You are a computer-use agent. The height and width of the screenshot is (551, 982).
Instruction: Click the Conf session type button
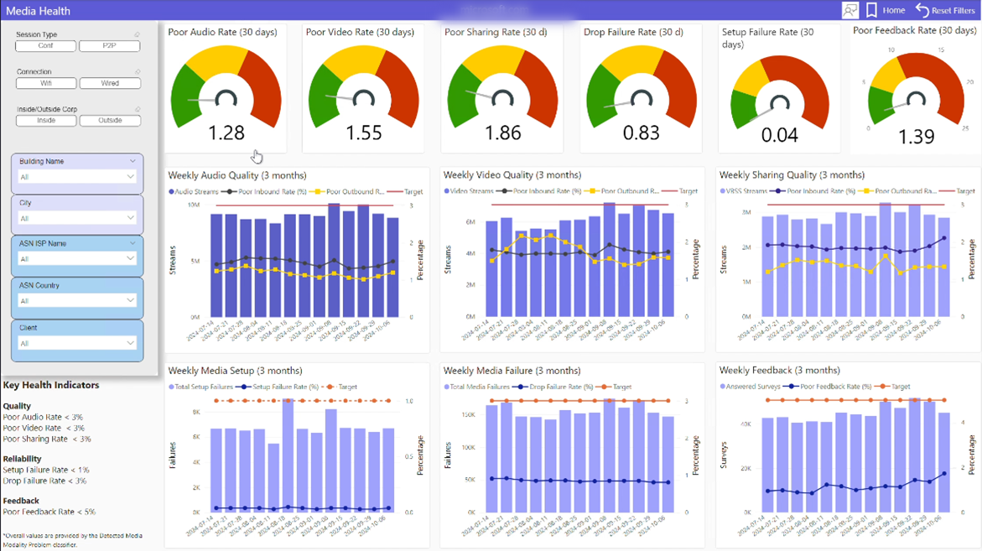pyautogui.click(x=45, y=46)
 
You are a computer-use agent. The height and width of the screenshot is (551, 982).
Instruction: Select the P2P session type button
pyautogui.click(x=109, y=46)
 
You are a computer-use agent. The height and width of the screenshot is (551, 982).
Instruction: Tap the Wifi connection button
pyautogui.click(x=45, y=83)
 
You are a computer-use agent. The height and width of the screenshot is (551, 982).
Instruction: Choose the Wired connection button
pyautogui.click(x=109, y=83)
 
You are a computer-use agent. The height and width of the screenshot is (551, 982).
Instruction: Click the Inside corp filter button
pyautogui.click(x=45, y=121)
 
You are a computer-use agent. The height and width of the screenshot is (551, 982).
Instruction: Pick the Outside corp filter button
pyautogui.click(x=110, y=121)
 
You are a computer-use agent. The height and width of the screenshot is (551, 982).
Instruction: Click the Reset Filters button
pyautogui.click(x=945, y=10)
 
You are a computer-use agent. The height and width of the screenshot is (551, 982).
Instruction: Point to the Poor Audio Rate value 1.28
pyautogui.click(x=226, y=133)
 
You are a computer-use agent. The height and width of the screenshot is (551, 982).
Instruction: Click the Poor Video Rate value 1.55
pyautogui.click(x=364, y=133)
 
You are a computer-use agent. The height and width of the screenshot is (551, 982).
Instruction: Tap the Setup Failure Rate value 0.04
pyautogui.click(x=780, y=134)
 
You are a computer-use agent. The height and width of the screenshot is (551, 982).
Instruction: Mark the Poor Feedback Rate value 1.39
pyautogui.click(x=916, y=138)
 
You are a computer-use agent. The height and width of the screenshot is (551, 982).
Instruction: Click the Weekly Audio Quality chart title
pyautogui.click(x=237, y=175)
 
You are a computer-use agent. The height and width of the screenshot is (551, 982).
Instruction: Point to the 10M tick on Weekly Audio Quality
pyautogui.click(x=193, y=205)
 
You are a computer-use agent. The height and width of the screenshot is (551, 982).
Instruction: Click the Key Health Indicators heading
pyautogui.click(x=51, y=385)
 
